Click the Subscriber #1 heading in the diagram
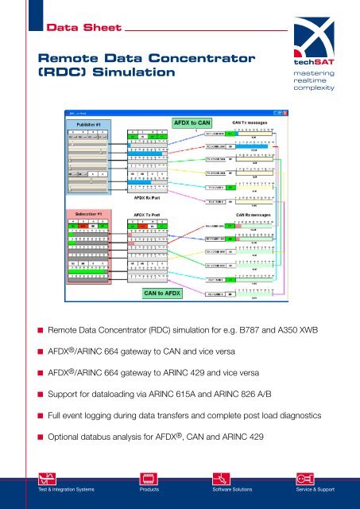click(88, 214)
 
